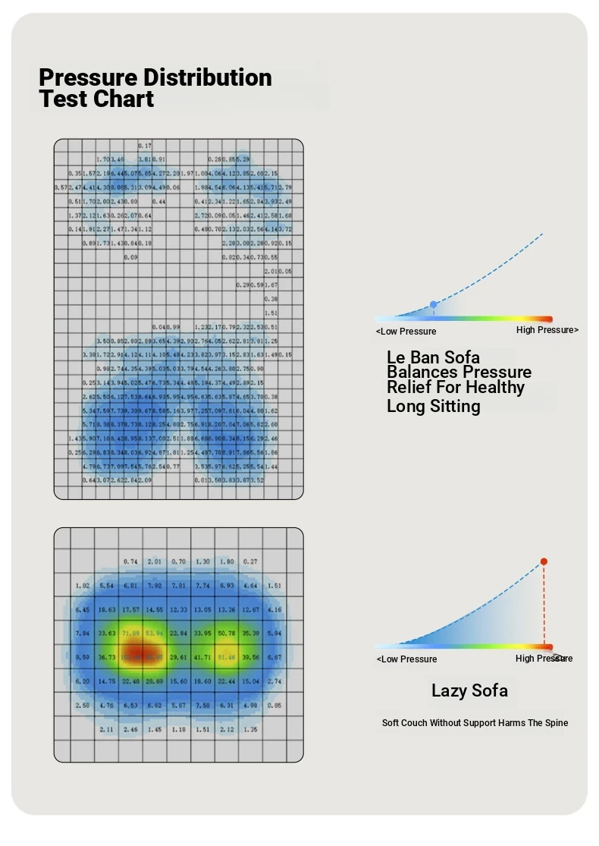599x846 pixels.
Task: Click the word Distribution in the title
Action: click(208, 77)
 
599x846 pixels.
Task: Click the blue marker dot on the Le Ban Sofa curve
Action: click(433, 304)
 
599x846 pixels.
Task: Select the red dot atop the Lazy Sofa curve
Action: click(544, 561)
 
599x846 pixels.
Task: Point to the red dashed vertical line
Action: click(544, 607)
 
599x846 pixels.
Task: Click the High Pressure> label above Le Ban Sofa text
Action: click(547, 330)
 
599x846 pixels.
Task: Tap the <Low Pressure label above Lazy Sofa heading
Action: click(406, 659)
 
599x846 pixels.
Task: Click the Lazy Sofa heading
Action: click(469, 690)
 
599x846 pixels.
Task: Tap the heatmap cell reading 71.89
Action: click(130, 633)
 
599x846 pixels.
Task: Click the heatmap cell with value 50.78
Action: click(226, 633)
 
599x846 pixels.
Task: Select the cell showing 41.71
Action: click(202, 657)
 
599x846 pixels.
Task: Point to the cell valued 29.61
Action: click(178, 657)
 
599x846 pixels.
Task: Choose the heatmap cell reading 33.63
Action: click(107, 633)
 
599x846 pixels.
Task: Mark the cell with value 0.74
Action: click(130, 561)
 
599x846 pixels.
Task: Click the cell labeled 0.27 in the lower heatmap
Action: click(250, 561)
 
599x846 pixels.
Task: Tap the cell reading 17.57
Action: click(130, 609)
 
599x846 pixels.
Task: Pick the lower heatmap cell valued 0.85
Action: click(274, 705)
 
